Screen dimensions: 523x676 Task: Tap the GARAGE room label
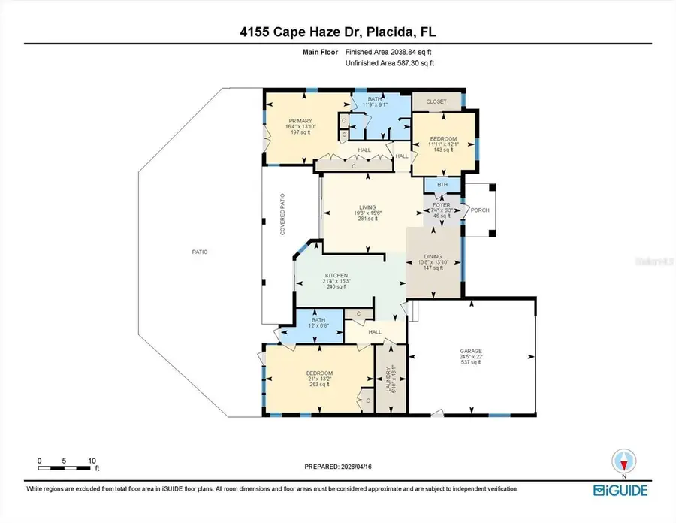coord(471,351)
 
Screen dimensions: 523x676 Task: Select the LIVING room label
coord(367,207)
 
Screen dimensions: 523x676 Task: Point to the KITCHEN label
coord(336,276)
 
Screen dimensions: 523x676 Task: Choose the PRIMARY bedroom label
coord(300,120)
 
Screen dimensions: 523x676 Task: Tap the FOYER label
coord(441,204)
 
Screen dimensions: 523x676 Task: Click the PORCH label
coord(479,210)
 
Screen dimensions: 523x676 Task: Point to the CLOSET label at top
coord(436,101)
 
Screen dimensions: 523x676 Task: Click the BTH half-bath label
coord(442,184)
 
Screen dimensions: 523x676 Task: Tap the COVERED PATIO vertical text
coord(283,215)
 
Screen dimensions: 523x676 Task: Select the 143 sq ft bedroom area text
coord(441,150)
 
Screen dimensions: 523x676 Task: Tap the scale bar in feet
coord(68,467)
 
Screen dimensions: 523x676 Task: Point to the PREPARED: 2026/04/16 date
coord(337,466)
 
